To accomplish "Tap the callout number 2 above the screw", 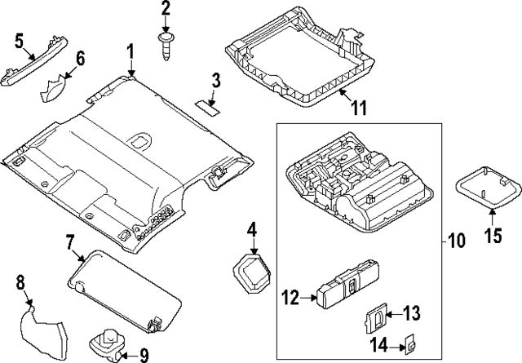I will [x=166, y=10].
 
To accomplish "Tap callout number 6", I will [x=80, y=59].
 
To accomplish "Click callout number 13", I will [x=411, y=312].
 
